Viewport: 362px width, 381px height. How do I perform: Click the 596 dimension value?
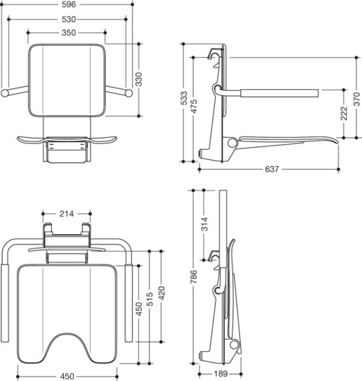[x=69, y=5]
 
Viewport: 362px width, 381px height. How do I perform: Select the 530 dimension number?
[x=69, y=19]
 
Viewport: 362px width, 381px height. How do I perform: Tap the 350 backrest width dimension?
[x=69, y=33]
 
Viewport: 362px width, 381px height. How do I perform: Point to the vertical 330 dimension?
[x=139, y=79]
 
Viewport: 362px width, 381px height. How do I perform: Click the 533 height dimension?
[x=184, y=98]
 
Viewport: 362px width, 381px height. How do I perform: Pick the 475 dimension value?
[x=194, y=107]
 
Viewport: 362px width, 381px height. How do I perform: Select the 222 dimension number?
[x=344, y=114]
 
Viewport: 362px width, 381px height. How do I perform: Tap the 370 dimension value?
[x=357, y=99]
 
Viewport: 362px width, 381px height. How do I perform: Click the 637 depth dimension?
[x=272, y=169]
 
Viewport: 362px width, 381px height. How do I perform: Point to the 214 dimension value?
[x=66, y=213]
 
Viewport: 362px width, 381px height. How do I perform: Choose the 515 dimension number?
[x=149, y=299]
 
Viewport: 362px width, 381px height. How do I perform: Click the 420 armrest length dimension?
[x=162, y=293]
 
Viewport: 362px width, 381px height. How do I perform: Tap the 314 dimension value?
[x=204, y=224]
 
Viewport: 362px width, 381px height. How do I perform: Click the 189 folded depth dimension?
[x=220, y=373]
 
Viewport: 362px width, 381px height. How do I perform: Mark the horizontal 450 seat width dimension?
[x=67, y=376]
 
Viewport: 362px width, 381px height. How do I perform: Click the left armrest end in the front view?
[x=5, y=93]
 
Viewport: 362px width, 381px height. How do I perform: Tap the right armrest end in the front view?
[x=129, y=93]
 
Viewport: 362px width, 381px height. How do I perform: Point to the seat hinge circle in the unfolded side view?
[x=232, y=142]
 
